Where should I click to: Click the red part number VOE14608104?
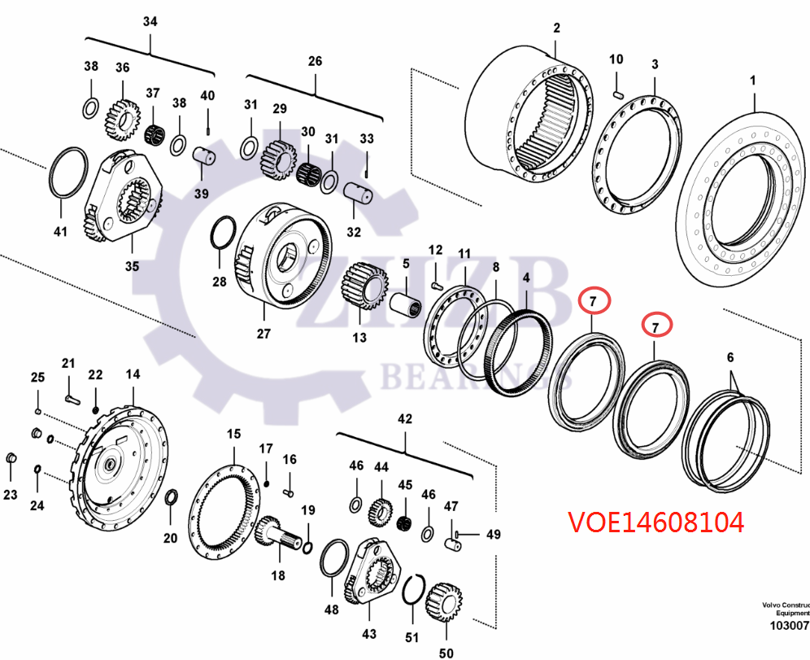pyautogui.click(x=655, y=522)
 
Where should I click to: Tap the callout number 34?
pyautogui.click(x=150, y=21)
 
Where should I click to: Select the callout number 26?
pyautogui.click(x=315, y=61)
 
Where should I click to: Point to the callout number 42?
pyautogui.click(x=404, y=419)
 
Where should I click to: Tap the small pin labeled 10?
pyautogui.click(x=616, y=92)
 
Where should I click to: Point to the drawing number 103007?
pyautogui.click(x=788, y=627)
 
